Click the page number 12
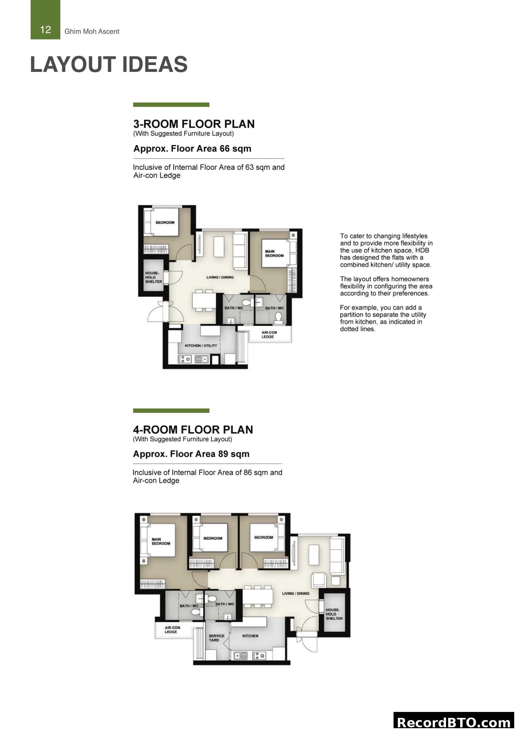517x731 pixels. [x=46, y=30]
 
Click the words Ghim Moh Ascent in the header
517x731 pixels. [x=92, y=32]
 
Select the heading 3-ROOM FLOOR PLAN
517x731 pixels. [x=193, y=124]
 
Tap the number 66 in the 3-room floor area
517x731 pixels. [x=224, y=149]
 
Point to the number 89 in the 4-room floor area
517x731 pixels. [x=223, y=454]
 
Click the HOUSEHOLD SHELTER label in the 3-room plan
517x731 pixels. [x=153, y=277]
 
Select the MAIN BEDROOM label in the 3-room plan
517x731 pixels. [x=274, y=253]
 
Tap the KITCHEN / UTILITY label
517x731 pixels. [x=201, y=345]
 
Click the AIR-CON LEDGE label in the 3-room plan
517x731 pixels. [x=269, y=334]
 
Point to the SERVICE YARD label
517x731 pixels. [x=216, y=638]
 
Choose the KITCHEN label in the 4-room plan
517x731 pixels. [x=250, y=636]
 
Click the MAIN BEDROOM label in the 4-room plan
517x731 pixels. [x=160, y=541]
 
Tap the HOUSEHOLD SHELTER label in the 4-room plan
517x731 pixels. [x=334, y=614]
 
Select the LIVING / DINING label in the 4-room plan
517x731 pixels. [x=295, y=593]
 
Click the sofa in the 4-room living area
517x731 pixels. [x=337, y=556]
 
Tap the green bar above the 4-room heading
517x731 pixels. [x=171, y=411]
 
